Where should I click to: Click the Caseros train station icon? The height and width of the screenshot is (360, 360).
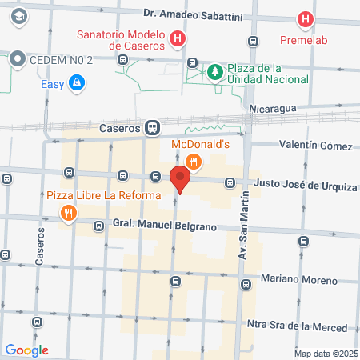click(x=152, y=127)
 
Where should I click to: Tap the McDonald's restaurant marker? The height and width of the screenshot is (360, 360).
click(x=192, y=162)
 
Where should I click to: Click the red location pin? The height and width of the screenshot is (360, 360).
click(x=181, y=181)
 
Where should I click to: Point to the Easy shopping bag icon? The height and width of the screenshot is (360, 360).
click(x=76, y=82)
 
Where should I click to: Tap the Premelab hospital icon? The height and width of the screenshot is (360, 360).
click(x=304, y=19)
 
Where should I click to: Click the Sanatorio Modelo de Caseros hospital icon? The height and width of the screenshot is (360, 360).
click(x=178, y=38)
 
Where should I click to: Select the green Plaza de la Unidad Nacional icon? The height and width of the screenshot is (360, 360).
click(x=214, y=73)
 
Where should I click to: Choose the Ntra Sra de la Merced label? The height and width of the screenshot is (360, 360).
click(x=297, y=326)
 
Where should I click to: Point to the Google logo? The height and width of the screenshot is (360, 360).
click(x=26, y=350)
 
